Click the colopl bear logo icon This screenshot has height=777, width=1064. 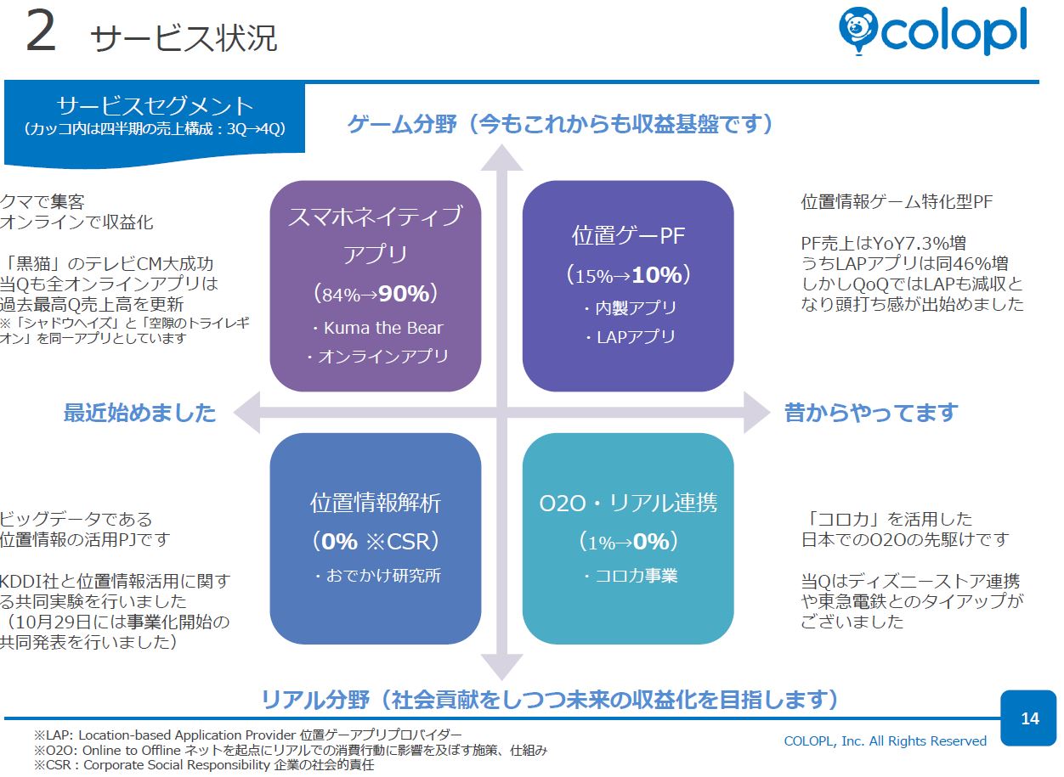click(x=857, y=31)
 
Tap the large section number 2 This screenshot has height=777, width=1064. click(x=41, y=32)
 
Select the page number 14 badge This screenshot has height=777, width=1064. click(x=1028, y=718)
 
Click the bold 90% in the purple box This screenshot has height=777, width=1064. click(x=404, y=293)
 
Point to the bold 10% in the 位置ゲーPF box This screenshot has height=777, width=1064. click(x=657, y=274)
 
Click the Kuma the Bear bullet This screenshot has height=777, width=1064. click(x=377, y=328)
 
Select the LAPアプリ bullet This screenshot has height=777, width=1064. click(x=631, y=337)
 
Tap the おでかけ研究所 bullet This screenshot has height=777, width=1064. click(x=377, y=575)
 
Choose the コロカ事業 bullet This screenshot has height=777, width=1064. click(x=631, y=575)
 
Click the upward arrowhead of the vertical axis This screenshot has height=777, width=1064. click(x=501, y=159)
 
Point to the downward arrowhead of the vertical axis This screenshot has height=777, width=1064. click(x=501, y=667)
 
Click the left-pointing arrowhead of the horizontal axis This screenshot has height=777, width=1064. click(x=248, y=413)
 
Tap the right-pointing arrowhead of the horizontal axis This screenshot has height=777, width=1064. click(x=756, y=413)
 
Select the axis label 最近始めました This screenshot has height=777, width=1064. click(x=139, y=413)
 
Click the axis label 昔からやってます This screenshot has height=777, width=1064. click(x=871, y=413)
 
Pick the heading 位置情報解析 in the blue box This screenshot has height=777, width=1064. click(x=376, y=503)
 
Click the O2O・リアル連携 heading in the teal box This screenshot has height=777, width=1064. click(x=628, y=503)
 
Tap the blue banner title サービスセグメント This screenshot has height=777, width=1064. click(x=155, y=105)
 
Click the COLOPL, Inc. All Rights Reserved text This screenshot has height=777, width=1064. click(x=885, y=741)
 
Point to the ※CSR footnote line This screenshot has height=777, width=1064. click(x=204, y=765)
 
